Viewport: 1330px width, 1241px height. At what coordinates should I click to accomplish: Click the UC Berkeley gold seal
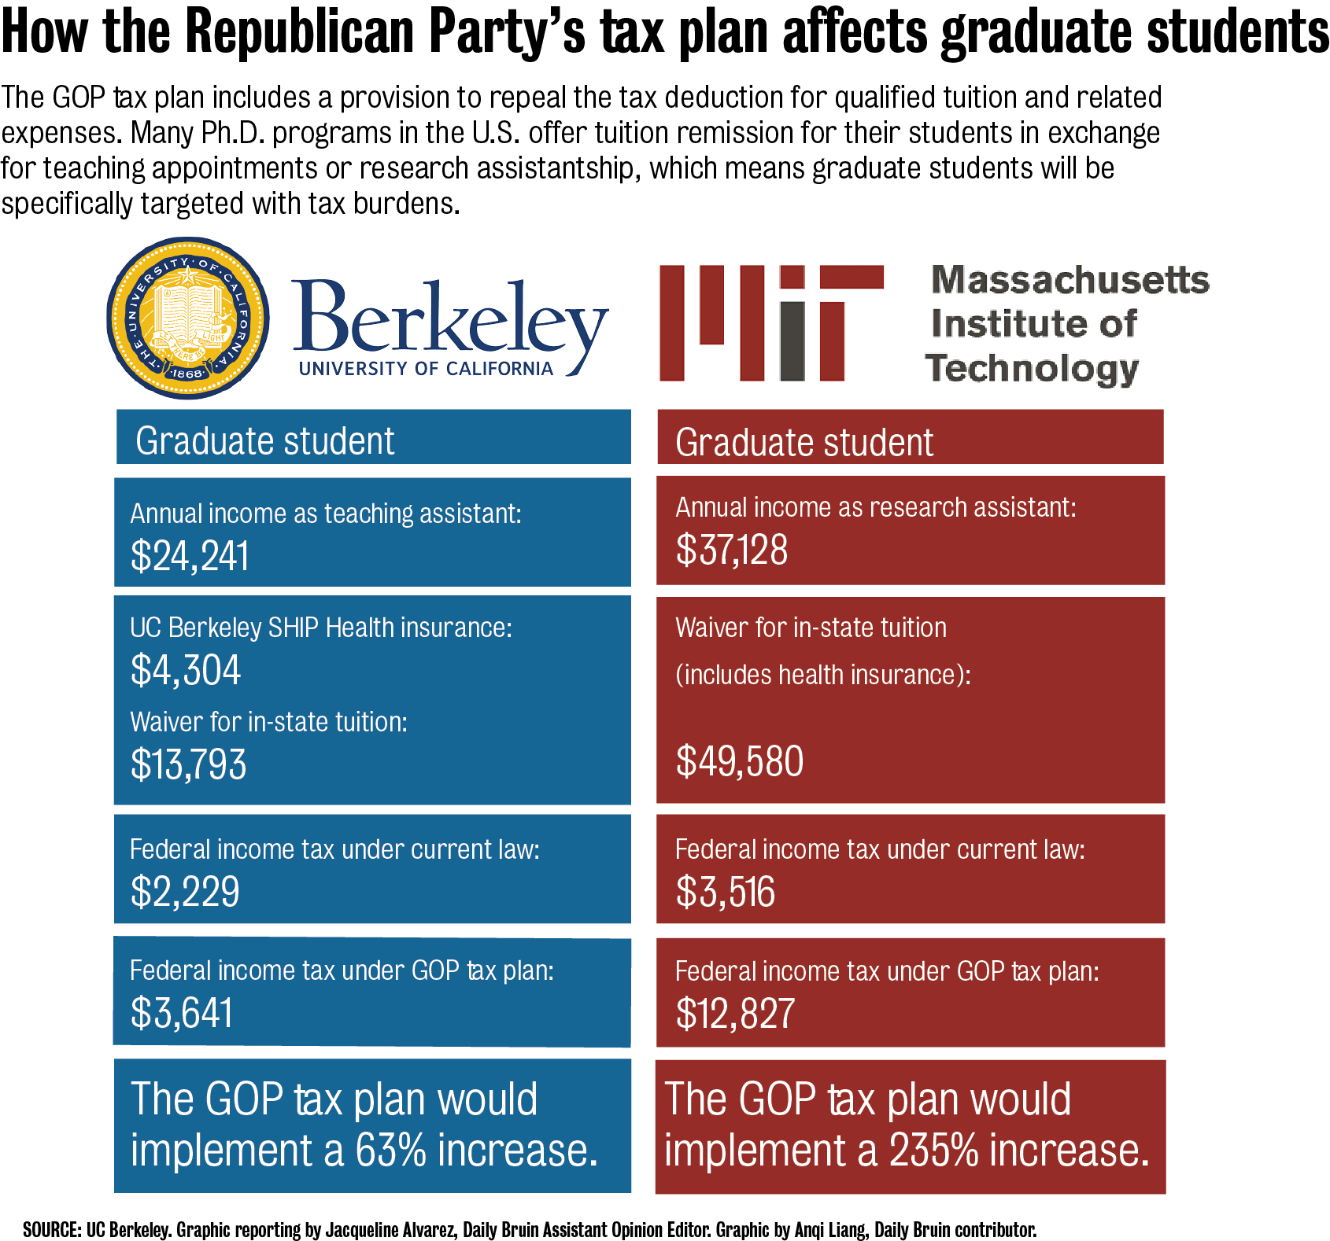188,319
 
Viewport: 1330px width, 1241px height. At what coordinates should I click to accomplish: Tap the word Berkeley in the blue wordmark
450,319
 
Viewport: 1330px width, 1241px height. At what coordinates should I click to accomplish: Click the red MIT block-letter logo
770,323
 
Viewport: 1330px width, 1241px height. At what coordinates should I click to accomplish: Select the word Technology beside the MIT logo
1032,368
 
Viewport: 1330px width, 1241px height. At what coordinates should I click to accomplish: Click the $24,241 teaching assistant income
190,555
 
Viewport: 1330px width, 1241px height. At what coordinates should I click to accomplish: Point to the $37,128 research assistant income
731,549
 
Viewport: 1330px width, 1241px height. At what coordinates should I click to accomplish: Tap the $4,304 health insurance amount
186,670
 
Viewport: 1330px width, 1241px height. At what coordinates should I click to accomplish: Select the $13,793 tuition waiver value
188,764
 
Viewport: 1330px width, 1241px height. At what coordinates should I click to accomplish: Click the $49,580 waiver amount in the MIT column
739,760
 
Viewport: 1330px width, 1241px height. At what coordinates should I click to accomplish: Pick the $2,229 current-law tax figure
185,891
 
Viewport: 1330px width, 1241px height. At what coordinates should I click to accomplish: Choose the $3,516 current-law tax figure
725,892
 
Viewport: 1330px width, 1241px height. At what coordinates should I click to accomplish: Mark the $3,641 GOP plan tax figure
182,1012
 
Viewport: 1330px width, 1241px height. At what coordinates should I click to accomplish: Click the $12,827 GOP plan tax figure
735,1013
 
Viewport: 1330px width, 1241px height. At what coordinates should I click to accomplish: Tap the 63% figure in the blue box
390,1150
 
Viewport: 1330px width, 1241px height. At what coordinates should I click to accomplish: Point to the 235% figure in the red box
933,1150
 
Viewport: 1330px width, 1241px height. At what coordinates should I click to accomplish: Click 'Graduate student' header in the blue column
264,440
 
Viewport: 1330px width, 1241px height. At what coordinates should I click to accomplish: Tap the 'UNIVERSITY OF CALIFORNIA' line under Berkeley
426,369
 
